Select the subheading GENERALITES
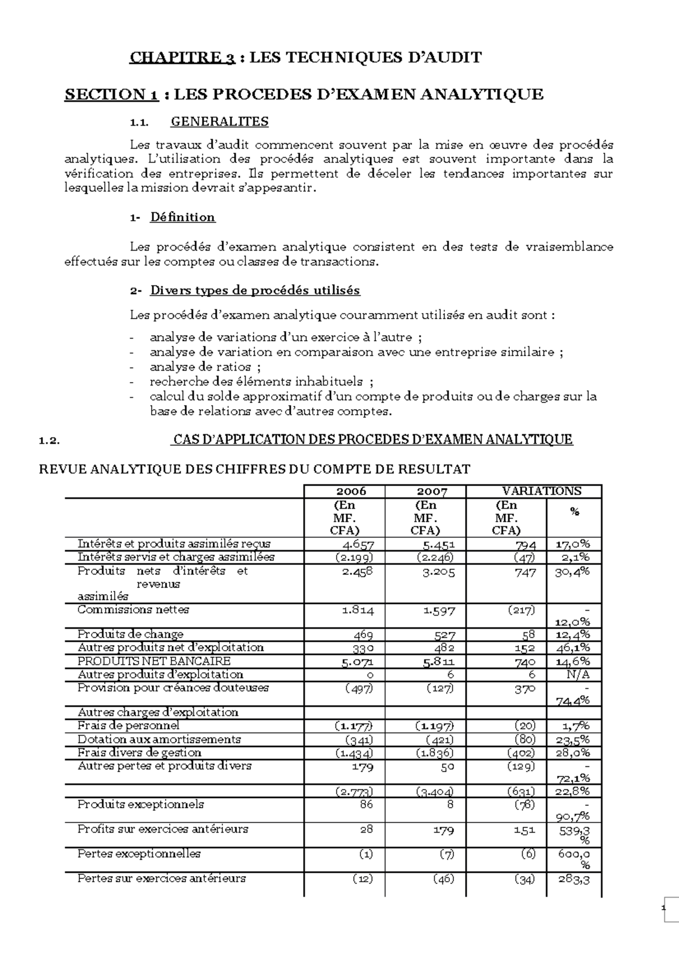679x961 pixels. pyautogui.click(x=220, y=122)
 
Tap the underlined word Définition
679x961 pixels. pyautogui.click(x=182, y=217)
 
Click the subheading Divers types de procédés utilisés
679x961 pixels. pyautogui.click(x=255, y=291)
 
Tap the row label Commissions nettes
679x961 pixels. pyautogui.click(x=133, y=610)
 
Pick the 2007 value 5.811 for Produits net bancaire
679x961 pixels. pyautogui.click(x=439, y=661)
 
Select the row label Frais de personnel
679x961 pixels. pyautogui.click(x=128, y=726)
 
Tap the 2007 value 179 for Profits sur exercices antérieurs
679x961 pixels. pyautogui.click(x=444, y=830)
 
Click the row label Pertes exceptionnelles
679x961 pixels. pyautogui.click(x=139, y=853)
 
